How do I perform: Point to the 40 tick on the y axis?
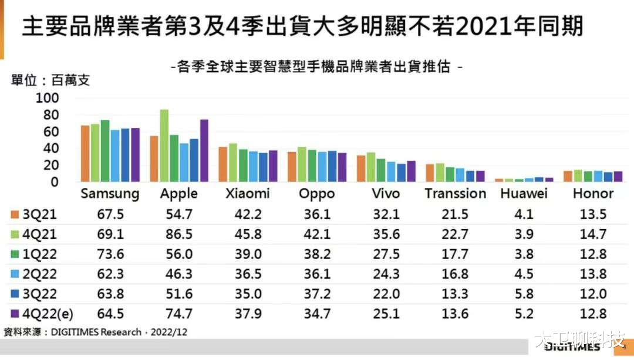tap(50, 149)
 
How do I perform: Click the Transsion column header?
tap(455, 193)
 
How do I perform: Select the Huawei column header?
tap(524, 193)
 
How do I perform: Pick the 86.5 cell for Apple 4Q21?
tap(179, 234)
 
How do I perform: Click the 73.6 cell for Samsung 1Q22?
tap(110, 254)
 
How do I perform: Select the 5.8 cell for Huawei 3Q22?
tap(524, 294)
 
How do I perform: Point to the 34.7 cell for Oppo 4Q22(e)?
tap(317, 314)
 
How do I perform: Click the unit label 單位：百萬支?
tap(50, 80)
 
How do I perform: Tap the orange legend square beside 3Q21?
tap(15, 214)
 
